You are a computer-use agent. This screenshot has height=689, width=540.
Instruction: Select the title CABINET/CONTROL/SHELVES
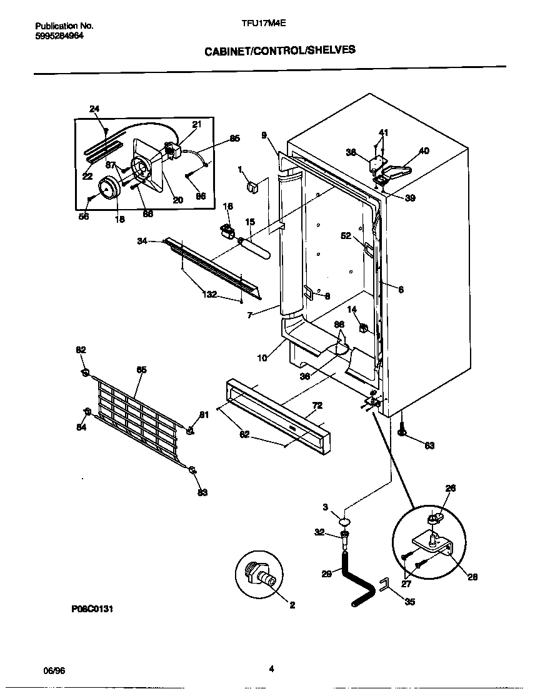[280, 50]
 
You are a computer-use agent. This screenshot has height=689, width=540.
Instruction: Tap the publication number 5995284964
[59, 36]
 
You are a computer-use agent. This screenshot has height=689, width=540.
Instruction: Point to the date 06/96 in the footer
[54, 670]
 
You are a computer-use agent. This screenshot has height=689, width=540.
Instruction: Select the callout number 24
[94, 109]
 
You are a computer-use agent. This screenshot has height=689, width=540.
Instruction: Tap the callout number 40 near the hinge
[424, 150]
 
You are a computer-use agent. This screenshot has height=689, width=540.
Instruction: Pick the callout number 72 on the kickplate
[317, 406]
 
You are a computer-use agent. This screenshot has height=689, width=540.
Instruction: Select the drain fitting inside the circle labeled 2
[263, 574]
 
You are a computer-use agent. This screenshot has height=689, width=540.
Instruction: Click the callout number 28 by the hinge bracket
[472, 577]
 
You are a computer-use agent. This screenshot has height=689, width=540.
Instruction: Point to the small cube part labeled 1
[253, 185]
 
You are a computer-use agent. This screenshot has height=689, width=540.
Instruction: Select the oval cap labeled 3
[344, 521]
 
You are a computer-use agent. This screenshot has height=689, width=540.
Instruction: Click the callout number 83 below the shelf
[202, 492]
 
